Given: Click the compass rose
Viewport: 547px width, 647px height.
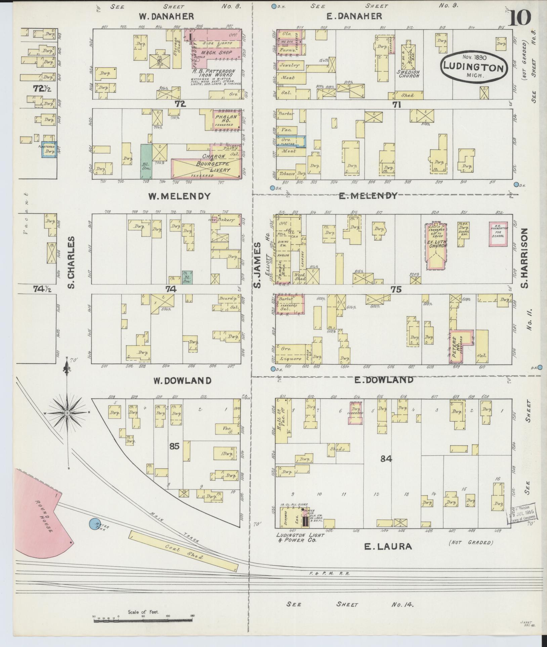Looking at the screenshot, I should click(x=67, y=412).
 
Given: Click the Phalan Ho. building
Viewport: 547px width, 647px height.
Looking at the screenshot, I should click(x=226, y=120).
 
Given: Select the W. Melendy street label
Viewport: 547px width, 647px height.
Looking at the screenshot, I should click(x=180, y=196).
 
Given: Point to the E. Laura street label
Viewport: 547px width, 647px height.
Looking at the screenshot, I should click(x=388, y=547).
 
